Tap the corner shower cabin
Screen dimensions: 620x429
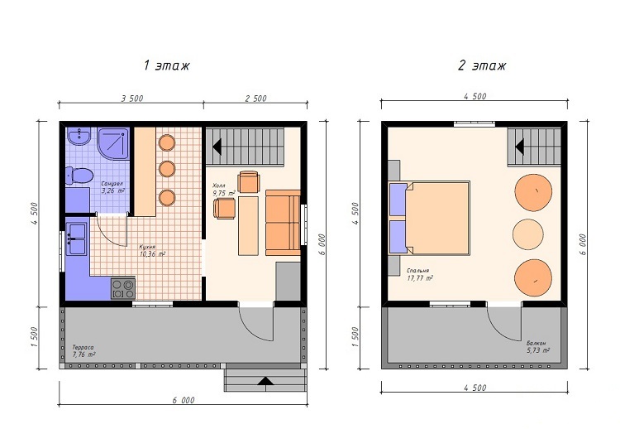click(x=113, y=143)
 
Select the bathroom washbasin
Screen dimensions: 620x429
click(x=79, y=137)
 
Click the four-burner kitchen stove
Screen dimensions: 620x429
click(x=123, y=289)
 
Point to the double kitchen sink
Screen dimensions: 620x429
click(x=76, y=239)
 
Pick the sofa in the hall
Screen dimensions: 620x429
click(x=283, y=223)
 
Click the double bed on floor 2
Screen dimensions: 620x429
click(x=430, y=217)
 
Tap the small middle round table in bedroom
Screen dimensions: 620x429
click(x=528, y=234)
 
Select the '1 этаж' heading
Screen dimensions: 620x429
click(x=166, y=65)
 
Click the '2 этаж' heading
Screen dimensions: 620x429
click(x=482, y=65)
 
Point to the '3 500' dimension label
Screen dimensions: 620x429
click(x=132, y=99)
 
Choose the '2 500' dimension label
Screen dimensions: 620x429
click(x=255, y=99)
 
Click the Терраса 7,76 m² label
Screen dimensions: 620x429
click(x=83, y=351)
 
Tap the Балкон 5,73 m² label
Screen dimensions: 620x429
click(x=538, y=347)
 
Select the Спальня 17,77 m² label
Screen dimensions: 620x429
click(x=419, y=274)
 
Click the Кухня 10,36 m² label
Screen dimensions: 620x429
click(x=152, y=250)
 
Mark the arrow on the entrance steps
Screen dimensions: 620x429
click(x=265, y=381)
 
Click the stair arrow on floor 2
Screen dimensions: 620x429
click(x=520, y=146)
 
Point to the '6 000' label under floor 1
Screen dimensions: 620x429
click(x=184, y=400)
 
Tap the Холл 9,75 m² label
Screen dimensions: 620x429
click(x=224, y=190)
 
